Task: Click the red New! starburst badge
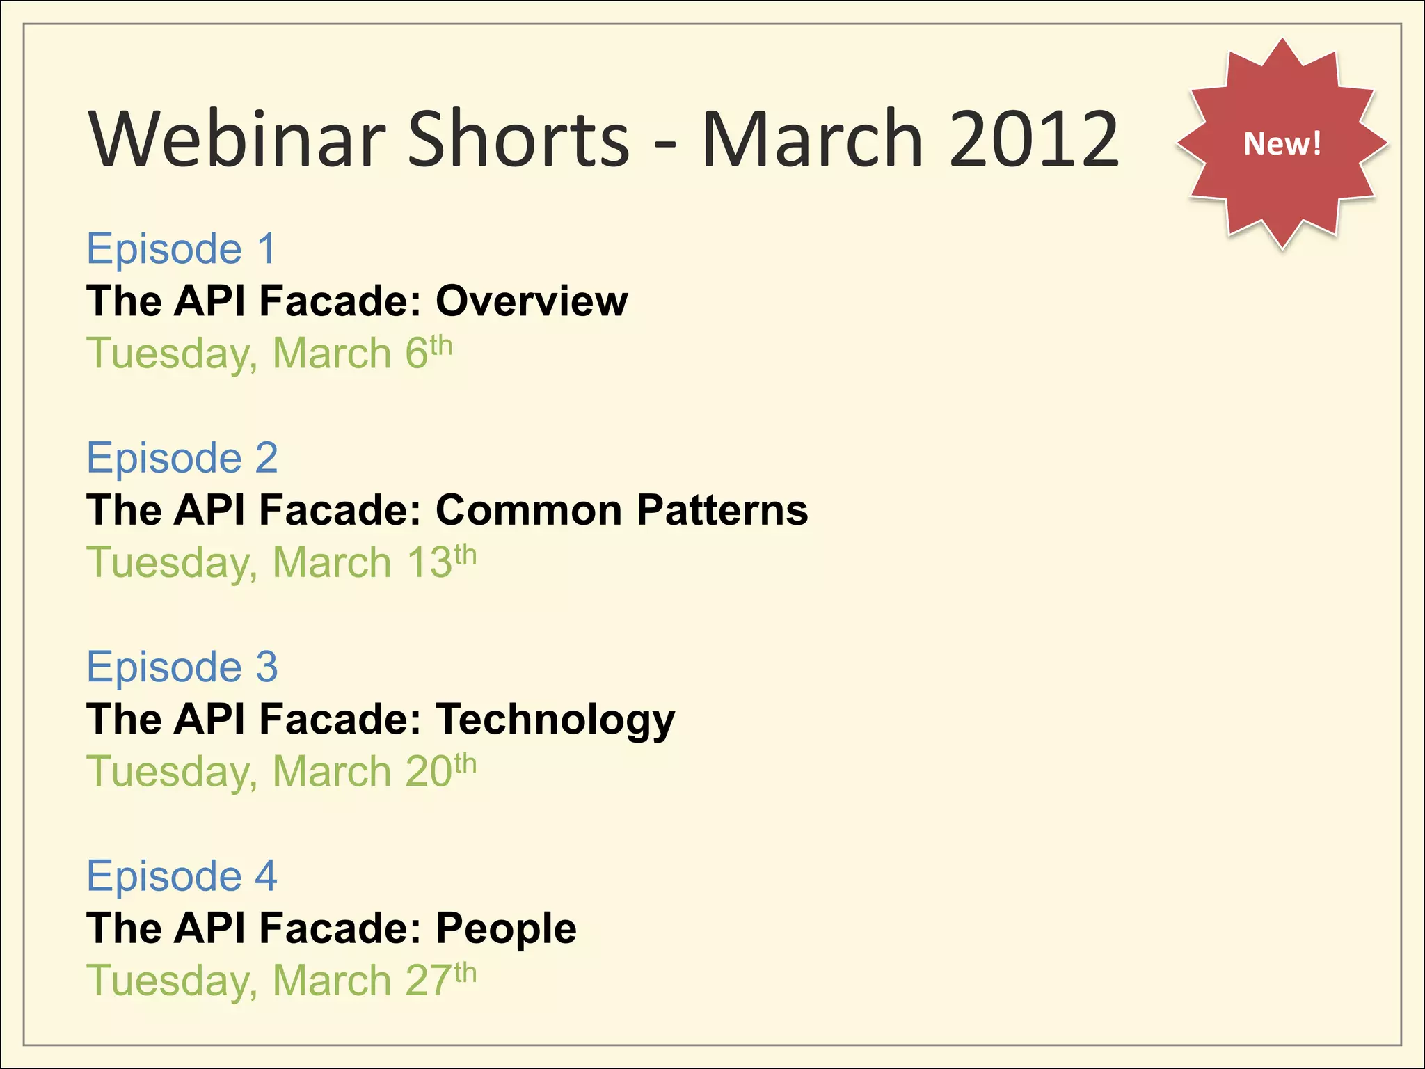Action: click(x=1282, y=143)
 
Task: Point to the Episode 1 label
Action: click(x=182, y=248)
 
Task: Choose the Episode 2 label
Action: click(x=182, y=457)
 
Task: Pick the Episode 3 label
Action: click(x=182, y=667)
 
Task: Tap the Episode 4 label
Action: click(x=182, y=876)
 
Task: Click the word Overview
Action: click(x=532, y=301)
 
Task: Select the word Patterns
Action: click(x=722, y=509)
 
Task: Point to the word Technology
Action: click(x=555, y=720)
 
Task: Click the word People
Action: click(x=506, y=928)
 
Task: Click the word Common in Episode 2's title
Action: click(x=529, y=509)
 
